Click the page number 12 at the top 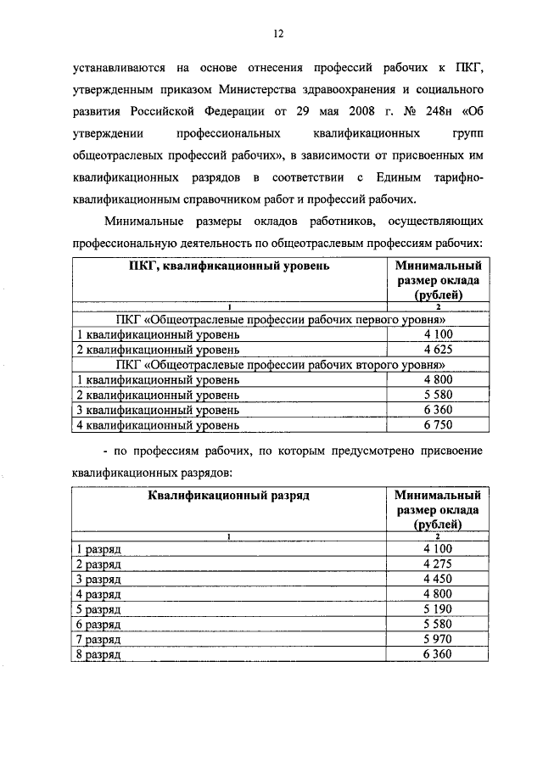[277, 34]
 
